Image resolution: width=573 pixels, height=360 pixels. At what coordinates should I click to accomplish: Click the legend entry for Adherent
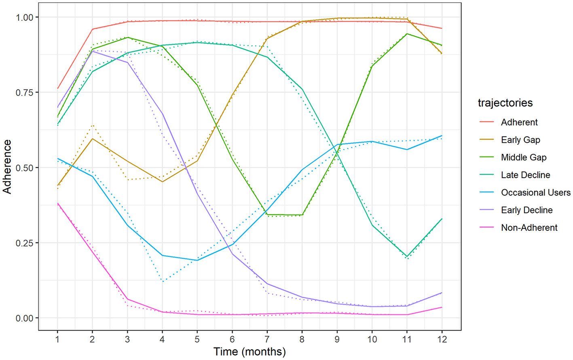519,122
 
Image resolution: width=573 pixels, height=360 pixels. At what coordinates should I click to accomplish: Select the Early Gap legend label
520,140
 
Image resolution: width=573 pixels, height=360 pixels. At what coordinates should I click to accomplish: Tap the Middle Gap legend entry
524,157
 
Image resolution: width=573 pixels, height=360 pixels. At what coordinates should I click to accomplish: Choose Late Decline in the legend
525,175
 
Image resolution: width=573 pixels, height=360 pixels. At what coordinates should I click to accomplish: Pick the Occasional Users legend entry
535,192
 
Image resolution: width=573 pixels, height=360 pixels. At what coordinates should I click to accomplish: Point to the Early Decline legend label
526,210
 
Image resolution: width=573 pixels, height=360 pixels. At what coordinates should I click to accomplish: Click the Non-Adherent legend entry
529,227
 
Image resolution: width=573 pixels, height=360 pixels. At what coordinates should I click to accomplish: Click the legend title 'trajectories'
505,103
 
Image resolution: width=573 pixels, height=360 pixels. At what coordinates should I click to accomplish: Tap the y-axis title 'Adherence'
7,167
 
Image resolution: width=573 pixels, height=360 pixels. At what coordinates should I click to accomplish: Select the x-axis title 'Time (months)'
249,352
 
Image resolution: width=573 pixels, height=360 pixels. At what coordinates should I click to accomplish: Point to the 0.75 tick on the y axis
24,93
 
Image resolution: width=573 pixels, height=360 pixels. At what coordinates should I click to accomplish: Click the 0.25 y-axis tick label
24,243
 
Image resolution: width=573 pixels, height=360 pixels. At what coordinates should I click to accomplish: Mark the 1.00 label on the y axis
24,17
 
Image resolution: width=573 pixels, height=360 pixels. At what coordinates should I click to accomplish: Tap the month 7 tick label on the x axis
267,339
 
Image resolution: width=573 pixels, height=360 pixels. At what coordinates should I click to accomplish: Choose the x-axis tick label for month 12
442,339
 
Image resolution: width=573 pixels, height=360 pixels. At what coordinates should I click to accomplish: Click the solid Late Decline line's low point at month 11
407,257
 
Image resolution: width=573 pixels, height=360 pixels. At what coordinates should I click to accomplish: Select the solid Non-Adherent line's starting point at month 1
57,203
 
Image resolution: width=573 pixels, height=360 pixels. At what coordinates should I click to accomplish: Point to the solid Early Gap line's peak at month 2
93,139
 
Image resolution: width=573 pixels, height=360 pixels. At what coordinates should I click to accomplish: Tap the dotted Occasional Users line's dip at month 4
163,281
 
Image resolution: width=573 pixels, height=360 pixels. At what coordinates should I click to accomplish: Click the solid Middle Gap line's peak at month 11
407,34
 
